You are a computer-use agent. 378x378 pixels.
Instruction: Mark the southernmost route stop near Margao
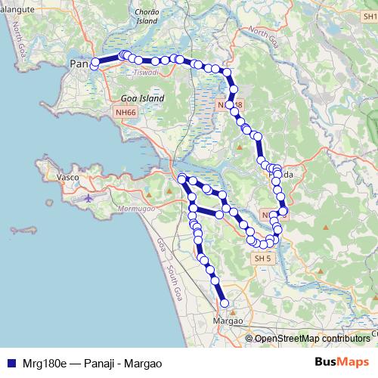(x=224, y=303)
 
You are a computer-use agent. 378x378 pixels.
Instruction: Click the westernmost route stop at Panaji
(x=94, y=66)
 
